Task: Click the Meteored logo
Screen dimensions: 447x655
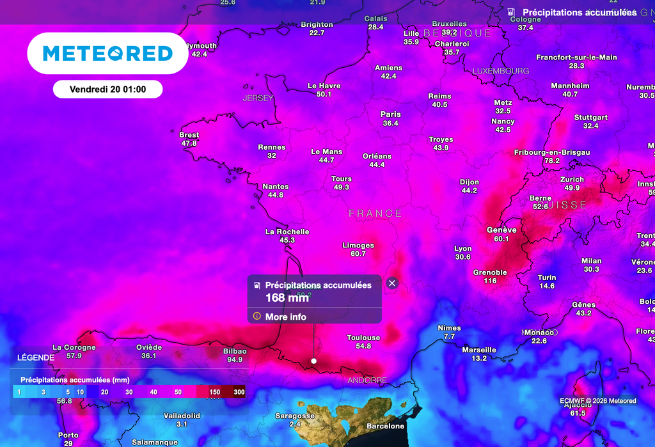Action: click(107, 53)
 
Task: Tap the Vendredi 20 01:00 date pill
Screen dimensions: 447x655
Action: click(107, 90)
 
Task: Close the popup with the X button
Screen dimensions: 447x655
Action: click(392, 283)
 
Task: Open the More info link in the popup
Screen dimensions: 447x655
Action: click(285, 317)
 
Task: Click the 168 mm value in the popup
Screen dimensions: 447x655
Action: click(287, 297)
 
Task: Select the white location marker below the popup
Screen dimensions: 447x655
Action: click(313, 361)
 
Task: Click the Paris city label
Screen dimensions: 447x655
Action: click(390, 114)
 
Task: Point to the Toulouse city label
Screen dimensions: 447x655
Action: click(363, 338)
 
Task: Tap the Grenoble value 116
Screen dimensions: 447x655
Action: click(490, 281)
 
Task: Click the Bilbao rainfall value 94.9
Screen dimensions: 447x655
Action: click(235, 359)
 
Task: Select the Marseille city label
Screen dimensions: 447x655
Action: click(479, 350)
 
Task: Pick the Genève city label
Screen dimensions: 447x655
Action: click(501, 230)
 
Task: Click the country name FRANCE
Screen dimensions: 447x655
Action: click(375, 214)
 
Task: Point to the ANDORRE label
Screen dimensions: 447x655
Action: click(367, 380)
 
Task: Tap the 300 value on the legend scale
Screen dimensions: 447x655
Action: click(239, 391)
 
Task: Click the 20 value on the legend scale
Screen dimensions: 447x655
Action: click(104, 391)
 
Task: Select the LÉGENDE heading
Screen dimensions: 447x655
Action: click(36, 357)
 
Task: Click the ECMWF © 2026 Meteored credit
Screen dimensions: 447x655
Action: click(598, 401)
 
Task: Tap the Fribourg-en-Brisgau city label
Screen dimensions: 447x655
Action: click(552, 152)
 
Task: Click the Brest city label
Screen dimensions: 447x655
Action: click(189, 135)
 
